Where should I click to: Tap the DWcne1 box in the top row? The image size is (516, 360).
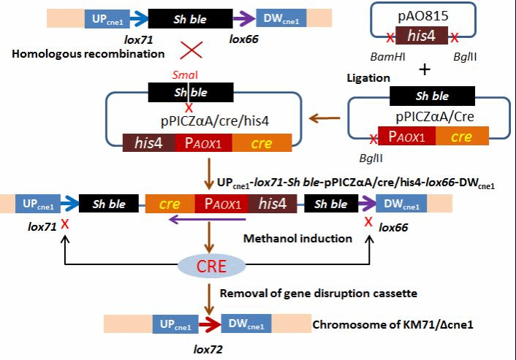276,16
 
